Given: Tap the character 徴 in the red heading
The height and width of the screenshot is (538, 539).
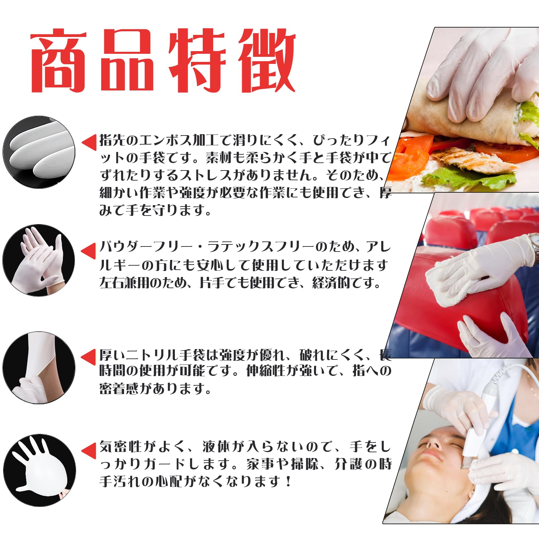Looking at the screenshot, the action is [267, 61].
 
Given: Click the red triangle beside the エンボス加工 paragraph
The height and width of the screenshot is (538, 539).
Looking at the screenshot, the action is [89, 143].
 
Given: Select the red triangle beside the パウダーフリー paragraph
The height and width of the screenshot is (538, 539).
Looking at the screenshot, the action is [89, 251].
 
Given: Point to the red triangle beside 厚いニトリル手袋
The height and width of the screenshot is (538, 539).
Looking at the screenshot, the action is [89, 357].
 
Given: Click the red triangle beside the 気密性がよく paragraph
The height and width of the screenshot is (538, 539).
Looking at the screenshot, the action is [89, 451].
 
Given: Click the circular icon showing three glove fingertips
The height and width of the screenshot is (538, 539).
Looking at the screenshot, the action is [39, 152].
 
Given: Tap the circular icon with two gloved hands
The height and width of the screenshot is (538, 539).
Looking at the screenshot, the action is [39, 260].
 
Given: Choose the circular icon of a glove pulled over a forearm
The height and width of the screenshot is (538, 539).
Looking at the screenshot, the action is [39, 368].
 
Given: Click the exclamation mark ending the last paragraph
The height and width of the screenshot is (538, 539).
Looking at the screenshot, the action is [288, 482].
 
